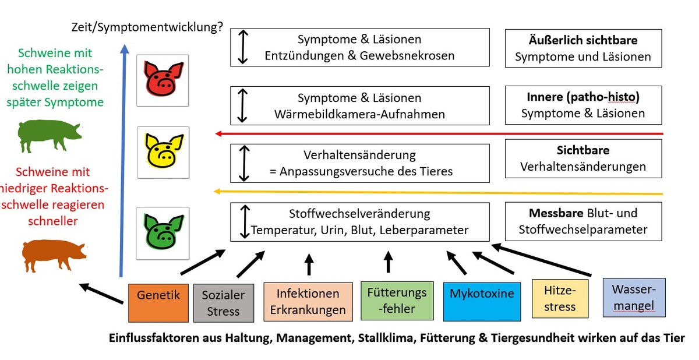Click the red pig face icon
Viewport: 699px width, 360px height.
click(x=163, y=80)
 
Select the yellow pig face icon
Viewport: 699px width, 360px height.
click(x=163, y=152)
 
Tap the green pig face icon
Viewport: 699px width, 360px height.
click(x=163, y=232)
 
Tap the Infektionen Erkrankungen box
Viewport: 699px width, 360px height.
click(x=308, y=302)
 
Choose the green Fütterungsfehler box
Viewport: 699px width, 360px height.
click(x=397, y=301)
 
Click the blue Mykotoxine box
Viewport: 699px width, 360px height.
click(x=482, y=301)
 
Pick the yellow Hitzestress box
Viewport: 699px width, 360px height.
click(x=559, y=298)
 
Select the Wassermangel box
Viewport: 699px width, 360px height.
click(x=634, y=297)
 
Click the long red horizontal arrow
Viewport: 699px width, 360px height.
click(x=439, y=133)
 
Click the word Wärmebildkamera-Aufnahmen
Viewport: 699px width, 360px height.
click(x=359, y=114)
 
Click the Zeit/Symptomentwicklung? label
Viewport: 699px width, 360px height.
click(x=147, y=27)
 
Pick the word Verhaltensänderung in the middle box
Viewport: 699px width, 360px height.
click(x=359, y=155)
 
